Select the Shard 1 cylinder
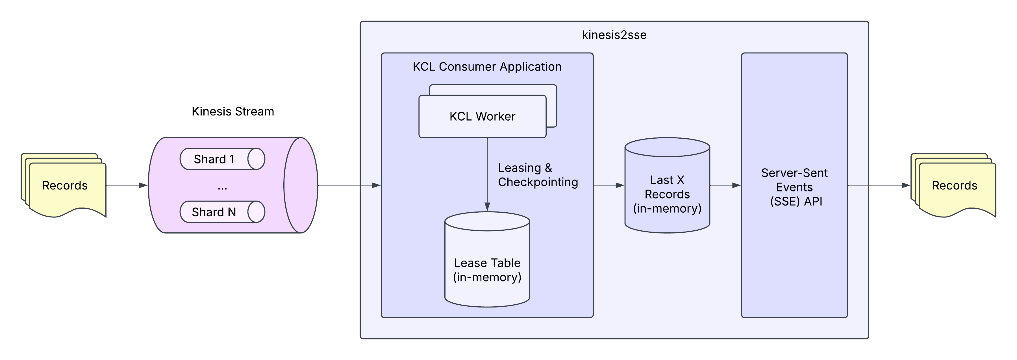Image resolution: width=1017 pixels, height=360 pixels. pos(222,159)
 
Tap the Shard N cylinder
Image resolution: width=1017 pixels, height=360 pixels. pos(222,212)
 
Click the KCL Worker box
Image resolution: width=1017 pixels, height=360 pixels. pos(482,116)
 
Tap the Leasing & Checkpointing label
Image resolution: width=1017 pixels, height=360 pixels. pos(537,175)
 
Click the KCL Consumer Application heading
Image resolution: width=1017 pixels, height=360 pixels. pos(487,67)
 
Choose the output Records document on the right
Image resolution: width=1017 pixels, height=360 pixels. pos(954,186)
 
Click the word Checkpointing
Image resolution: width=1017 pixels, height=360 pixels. pos(538,182)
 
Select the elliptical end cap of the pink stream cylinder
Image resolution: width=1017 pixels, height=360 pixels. pos(301,185)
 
